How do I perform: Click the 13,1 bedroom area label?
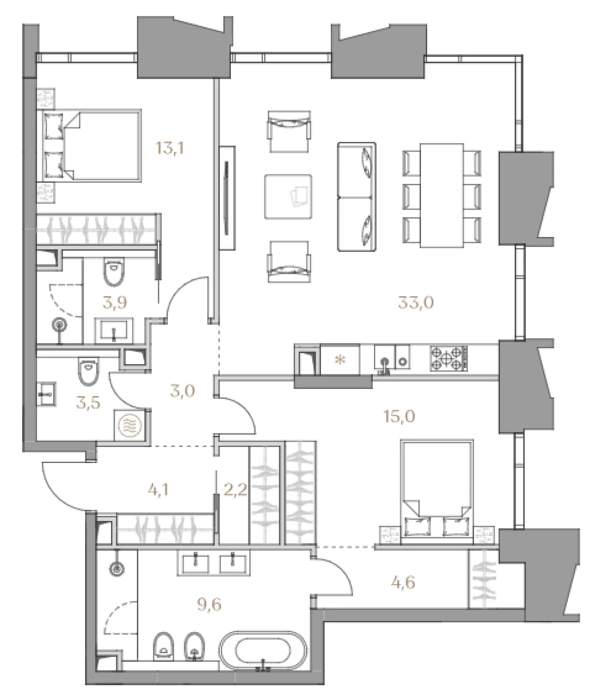click(x=170, y=148)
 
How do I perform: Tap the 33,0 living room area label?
click(x=416, y=303)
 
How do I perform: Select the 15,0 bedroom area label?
click(x=399, y=417)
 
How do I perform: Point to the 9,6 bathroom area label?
click(x=209, y=605)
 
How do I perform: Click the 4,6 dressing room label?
click(x=403, y=583)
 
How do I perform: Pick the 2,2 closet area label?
click(x=235, y=490)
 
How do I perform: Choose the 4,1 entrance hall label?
click(x=158, y=490)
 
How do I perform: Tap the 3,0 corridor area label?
click(x=182, y=391)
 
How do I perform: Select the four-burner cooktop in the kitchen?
click(x=449, y=359)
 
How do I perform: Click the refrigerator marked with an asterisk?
click(x=340, y=360)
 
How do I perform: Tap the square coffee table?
click(x=288, y=196)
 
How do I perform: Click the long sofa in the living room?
click(x=356, y=197)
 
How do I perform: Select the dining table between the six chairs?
click(x=442, y=196)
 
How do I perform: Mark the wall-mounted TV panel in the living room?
click(x=227, y=198)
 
